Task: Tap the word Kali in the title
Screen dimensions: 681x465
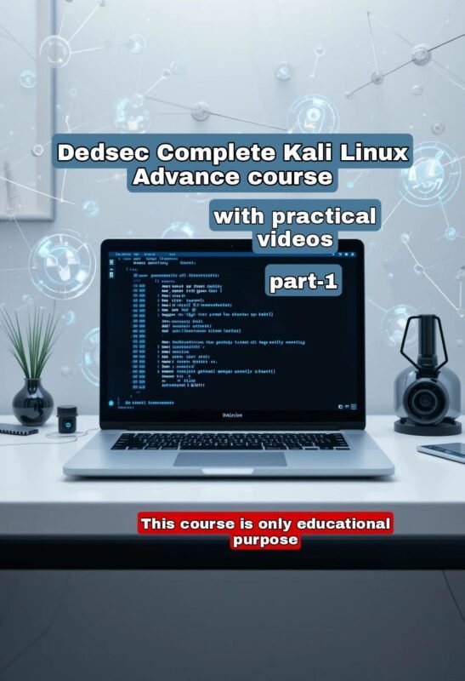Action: point(300,154)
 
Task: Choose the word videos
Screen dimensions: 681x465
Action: point(295,239)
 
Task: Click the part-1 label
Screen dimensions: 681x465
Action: point(303,282)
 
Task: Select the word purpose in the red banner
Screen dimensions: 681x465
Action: point(265,540)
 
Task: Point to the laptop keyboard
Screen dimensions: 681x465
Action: point(230,440)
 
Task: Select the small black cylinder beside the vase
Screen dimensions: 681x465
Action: point(67,417)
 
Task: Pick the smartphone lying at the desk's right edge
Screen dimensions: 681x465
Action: point(445,452)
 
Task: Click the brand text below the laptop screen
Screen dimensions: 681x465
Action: point(232,415)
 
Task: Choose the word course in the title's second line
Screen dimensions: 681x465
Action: point(288,178)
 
